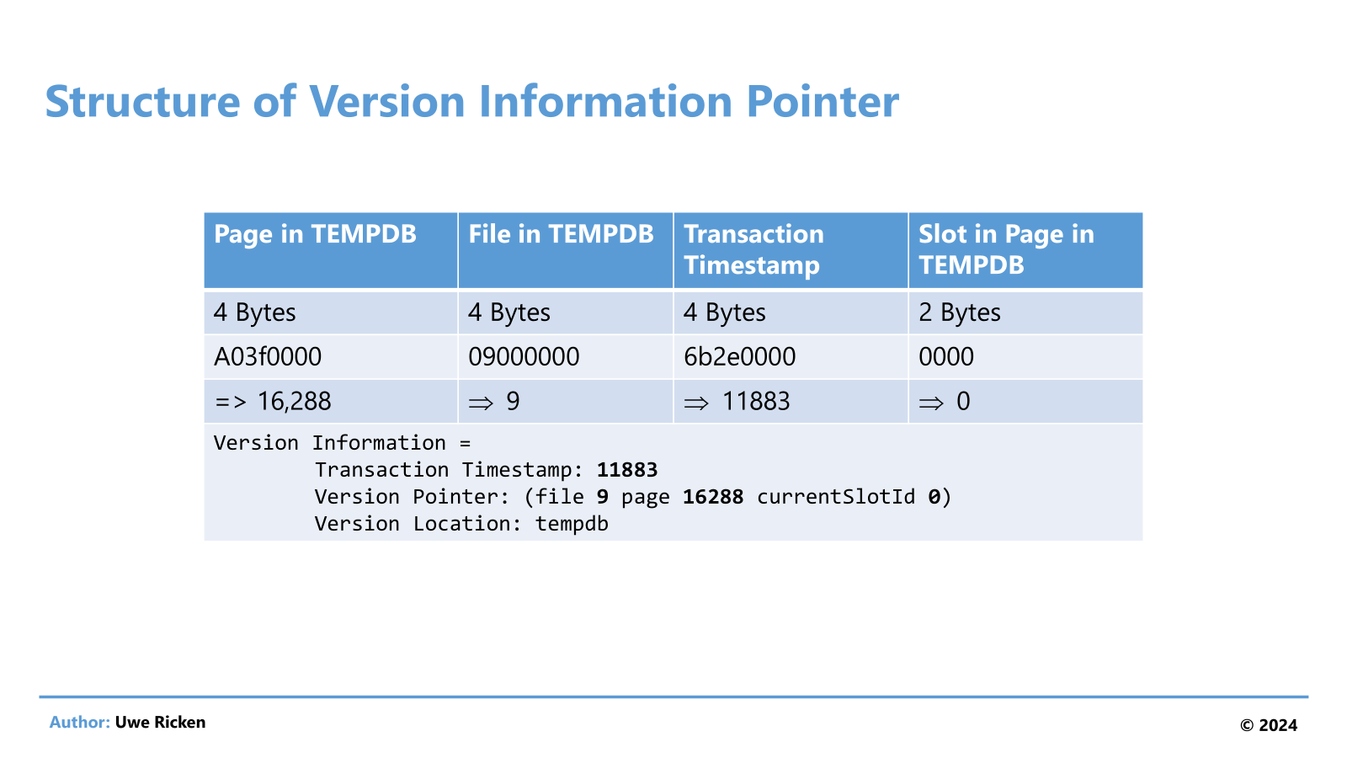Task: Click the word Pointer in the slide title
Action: pos(823,101)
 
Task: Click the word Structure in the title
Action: pos(142,101)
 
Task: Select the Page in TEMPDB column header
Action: pos(315,233)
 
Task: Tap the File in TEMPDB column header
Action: pos(561,233)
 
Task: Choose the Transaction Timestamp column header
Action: pos(753,249)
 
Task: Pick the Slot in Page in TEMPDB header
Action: pos(1006,249)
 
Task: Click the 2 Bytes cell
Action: pos(959,312)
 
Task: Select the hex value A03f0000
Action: pos(268,357)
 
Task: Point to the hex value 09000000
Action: pos(524,357)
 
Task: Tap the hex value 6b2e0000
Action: pos(740,357)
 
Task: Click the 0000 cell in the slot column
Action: pos(946,357)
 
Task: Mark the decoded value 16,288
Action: pos(294,401)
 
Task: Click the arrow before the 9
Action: pos(481,403)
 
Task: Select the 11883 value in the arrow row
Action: pos(756,401)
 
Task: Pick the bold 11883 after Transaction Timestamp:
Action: pos(627,469)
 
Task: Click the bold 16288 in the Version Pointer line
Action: pos(713,496)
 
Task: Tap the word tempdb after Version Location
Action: pos(572,524)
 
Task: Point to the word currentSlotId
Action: pos(836,497)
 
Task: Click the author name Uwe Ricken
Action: pos(160,722)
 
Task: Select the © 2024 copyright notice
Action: pos(1268,725)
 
